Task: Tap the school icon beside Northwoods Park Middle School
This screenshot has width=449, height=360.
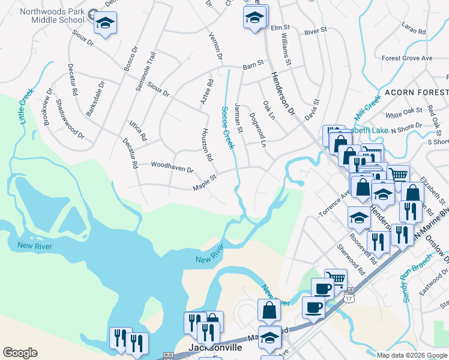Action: point(106,24)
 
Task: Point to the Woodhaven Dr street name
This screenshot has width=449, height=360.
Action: point(172,167)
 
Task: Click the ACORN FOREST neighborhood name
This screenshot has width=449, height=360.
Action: point(417,92)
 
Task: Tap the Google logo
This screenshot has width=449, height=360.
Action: point(20,353)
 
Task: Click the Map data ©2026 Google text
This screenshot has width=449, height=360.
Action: point(412,355)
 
